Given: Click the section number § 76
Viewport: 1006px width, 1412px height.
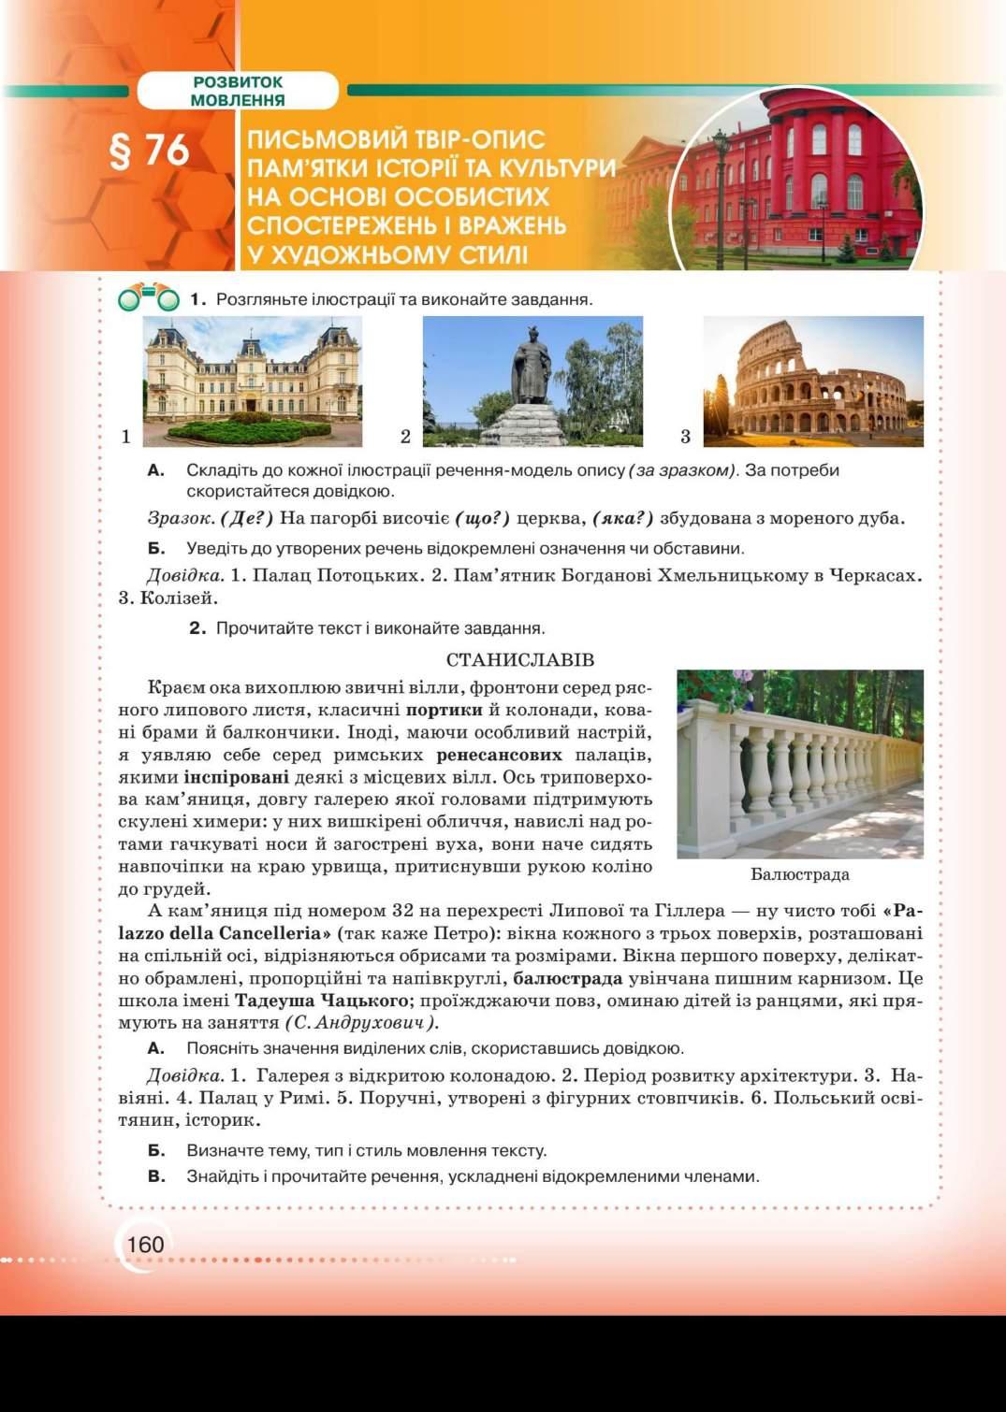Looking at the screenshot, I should click(150, 151).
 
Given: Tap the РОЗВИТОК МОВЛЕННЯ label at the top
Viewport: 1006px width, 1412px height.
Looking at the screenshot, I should click(237, 91).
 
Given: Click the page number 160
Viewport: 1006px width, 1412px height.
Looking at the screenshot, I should click(145, 1245).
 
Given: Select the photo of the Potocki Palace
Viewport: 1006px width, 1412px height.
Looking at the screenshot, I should click(252, 382).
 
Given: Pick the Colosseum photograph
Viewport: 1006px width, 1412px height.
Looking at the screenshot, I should click(812, 382).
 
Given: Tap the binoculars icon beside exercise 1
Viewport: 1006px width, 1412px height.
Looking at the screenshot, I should click(148, 299).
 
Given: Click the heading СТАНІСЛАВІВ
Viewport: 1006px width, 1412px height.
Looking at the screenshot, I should click(520, 660).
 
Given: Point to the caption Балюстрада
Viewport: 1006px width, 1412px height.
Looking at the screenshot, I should click(799, 874).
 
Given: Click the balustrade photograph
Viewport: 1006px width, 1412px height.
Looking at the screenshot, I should click(799, 763).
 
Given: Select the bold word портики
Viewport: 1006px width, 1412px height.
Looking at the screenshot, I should click(445, 710).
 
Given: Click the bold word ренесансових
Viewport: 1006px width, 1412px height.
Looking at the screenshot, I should click(499, 755).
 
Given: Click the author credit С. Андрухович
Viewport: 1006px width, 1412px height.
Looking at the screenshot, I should click(361, 1023).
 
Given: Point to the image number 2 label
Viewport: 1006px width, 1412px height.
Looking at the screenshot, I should click(405, 436).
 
